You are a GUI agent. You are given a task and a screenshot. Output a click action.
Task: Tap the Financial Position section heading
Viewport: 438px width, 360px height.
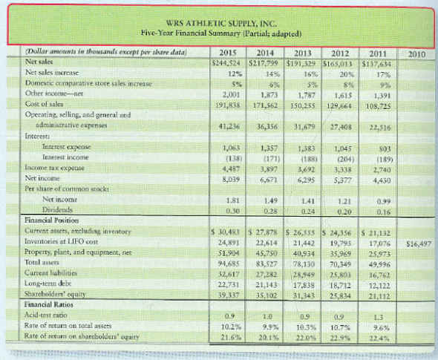(47, 221)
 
